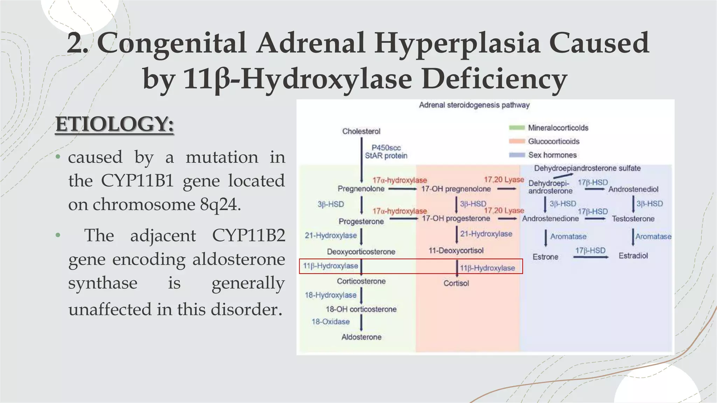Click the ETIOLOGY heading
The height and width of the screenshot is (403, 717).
click(x=114, y=124)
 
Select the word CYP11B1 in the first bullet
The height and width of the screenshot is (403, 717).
click(x=137, y=181)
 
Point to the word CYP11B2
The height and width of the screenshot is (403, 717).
click(x=249, y=235)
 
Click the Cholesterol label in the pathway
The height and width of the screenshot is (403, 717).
click(x=361, y=131)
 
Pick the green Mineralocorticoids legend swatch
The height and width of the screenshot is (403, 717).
click(x=516, y=128)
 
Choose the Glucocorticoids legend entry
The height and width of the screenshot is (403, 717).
click(x=553, y=141)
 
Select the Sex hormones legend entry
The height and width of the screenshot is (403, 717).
click(x=552, y=155)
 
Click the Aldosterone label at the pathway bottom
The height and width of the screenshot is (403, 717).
click(x=361, y=337)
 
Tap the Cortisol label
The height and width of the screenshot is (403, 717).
click(x=456, y=283)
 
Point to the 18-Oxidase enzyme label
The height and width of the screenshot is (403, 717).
click(x=330, y=322)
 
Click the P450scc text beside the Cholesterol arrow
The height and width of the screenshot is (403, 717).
click(x=386, y=148)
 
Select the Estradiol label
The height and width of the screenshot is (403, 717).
click(x=633, y=256)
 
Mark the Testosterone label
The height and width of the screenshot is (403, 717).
click(x=633, y=219)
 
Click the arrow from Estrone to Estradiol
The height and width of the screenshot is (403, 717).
click(x=591, y=257)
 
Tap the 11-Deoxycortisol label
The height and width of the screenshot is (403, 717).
click(x=456, y=250)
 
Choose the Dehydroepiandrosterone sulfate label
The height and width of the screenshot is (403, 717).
click(x=587, y=168)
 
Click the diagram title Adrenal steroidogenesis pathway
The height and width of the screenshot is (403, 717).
click(x=474, y=105)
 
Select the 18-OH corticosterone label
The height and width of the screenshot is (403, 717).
click(x=361, y=309)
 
